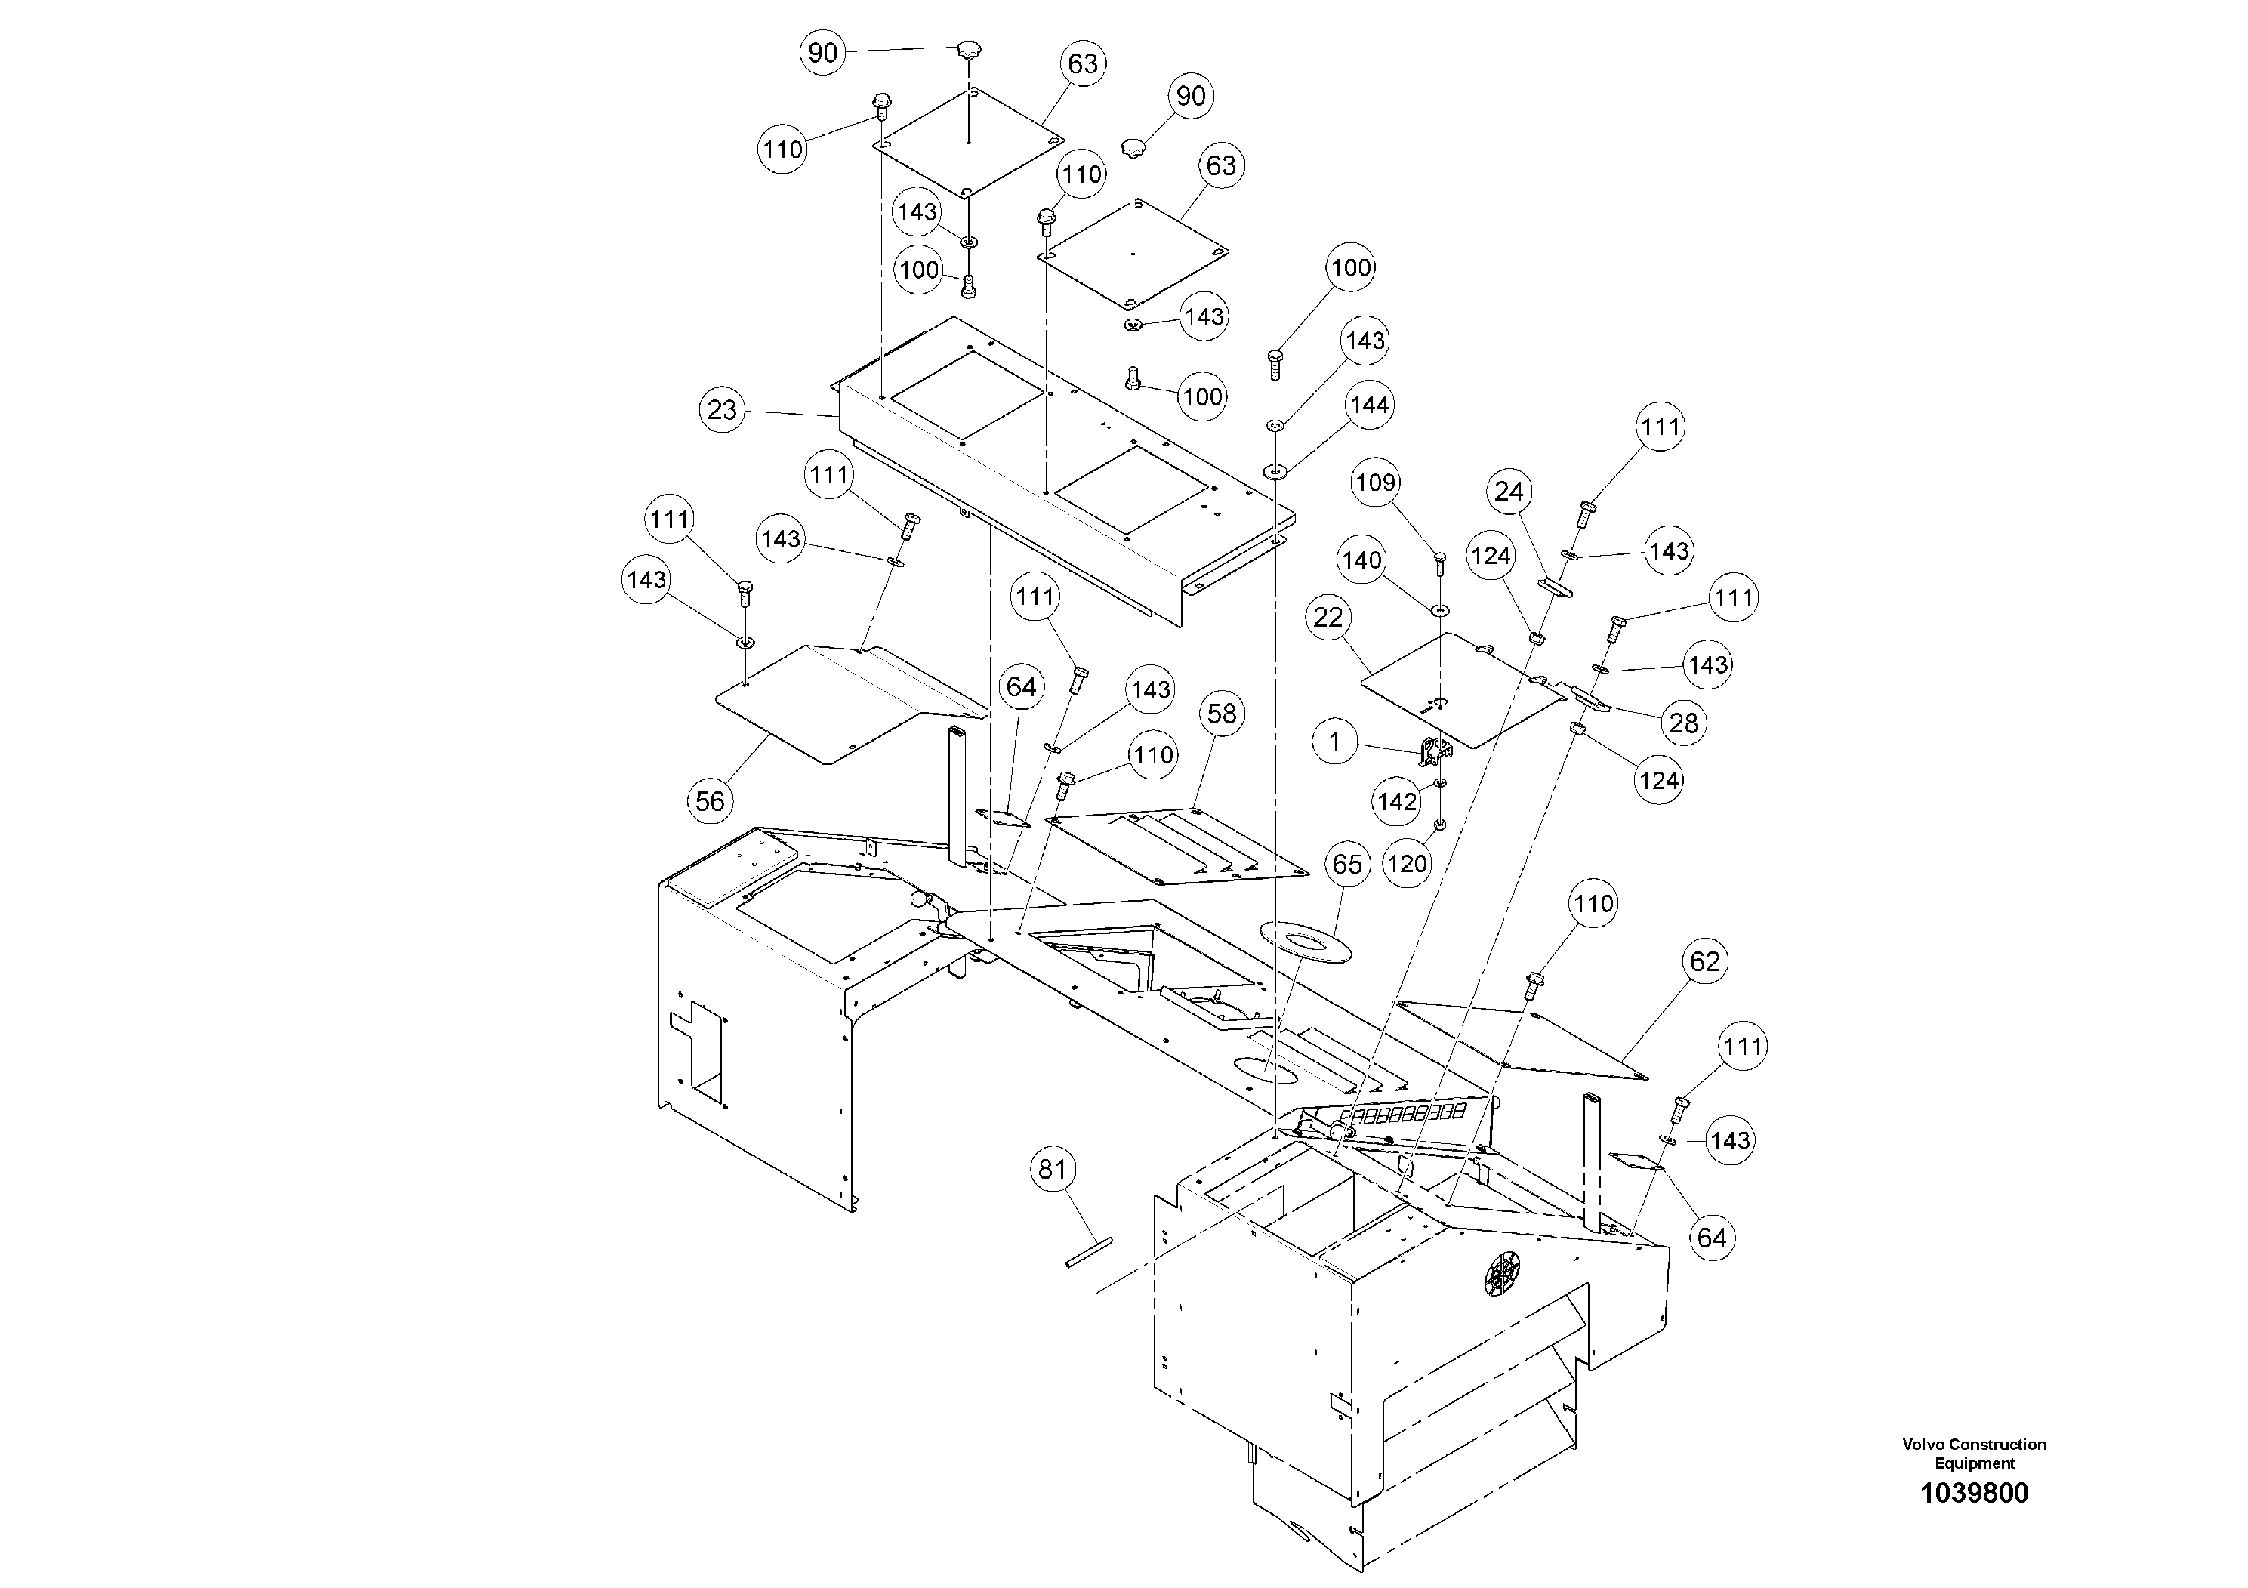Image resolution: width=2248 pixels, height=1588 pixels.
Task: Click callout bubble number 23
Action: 722,410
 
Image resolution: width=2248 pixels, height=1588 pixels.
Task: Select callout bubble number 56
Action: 710,801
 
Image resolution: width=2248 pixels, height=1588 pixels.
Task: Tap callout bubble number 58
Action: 1221,714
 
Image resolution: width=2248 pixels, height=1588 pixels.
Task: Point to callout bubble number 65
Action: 1347,865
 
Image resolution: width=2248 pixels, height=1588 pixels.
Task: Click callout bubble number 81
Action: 1052,1170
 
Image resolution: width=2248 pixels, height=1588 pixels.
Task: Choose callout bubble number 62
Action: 1704,961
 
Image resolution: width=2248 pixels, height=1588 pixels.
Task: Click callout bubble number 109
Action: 1376,483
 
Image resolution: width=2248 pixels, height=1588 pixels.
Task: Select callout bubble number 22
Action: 1328,618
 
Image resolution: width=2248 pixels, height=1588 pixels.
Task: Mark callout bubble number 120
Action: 1407,864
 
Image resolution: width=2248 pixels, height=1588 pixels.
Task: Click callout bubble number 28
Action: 1683,723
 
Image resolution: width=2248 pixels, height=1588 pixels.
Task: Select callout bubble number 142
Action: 1397,802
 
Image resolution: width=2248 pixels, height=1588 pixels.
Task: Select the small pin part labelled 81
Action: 1088,1254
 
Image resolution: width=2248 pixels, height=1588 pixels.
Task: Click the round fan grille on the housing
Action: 1503,1273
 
